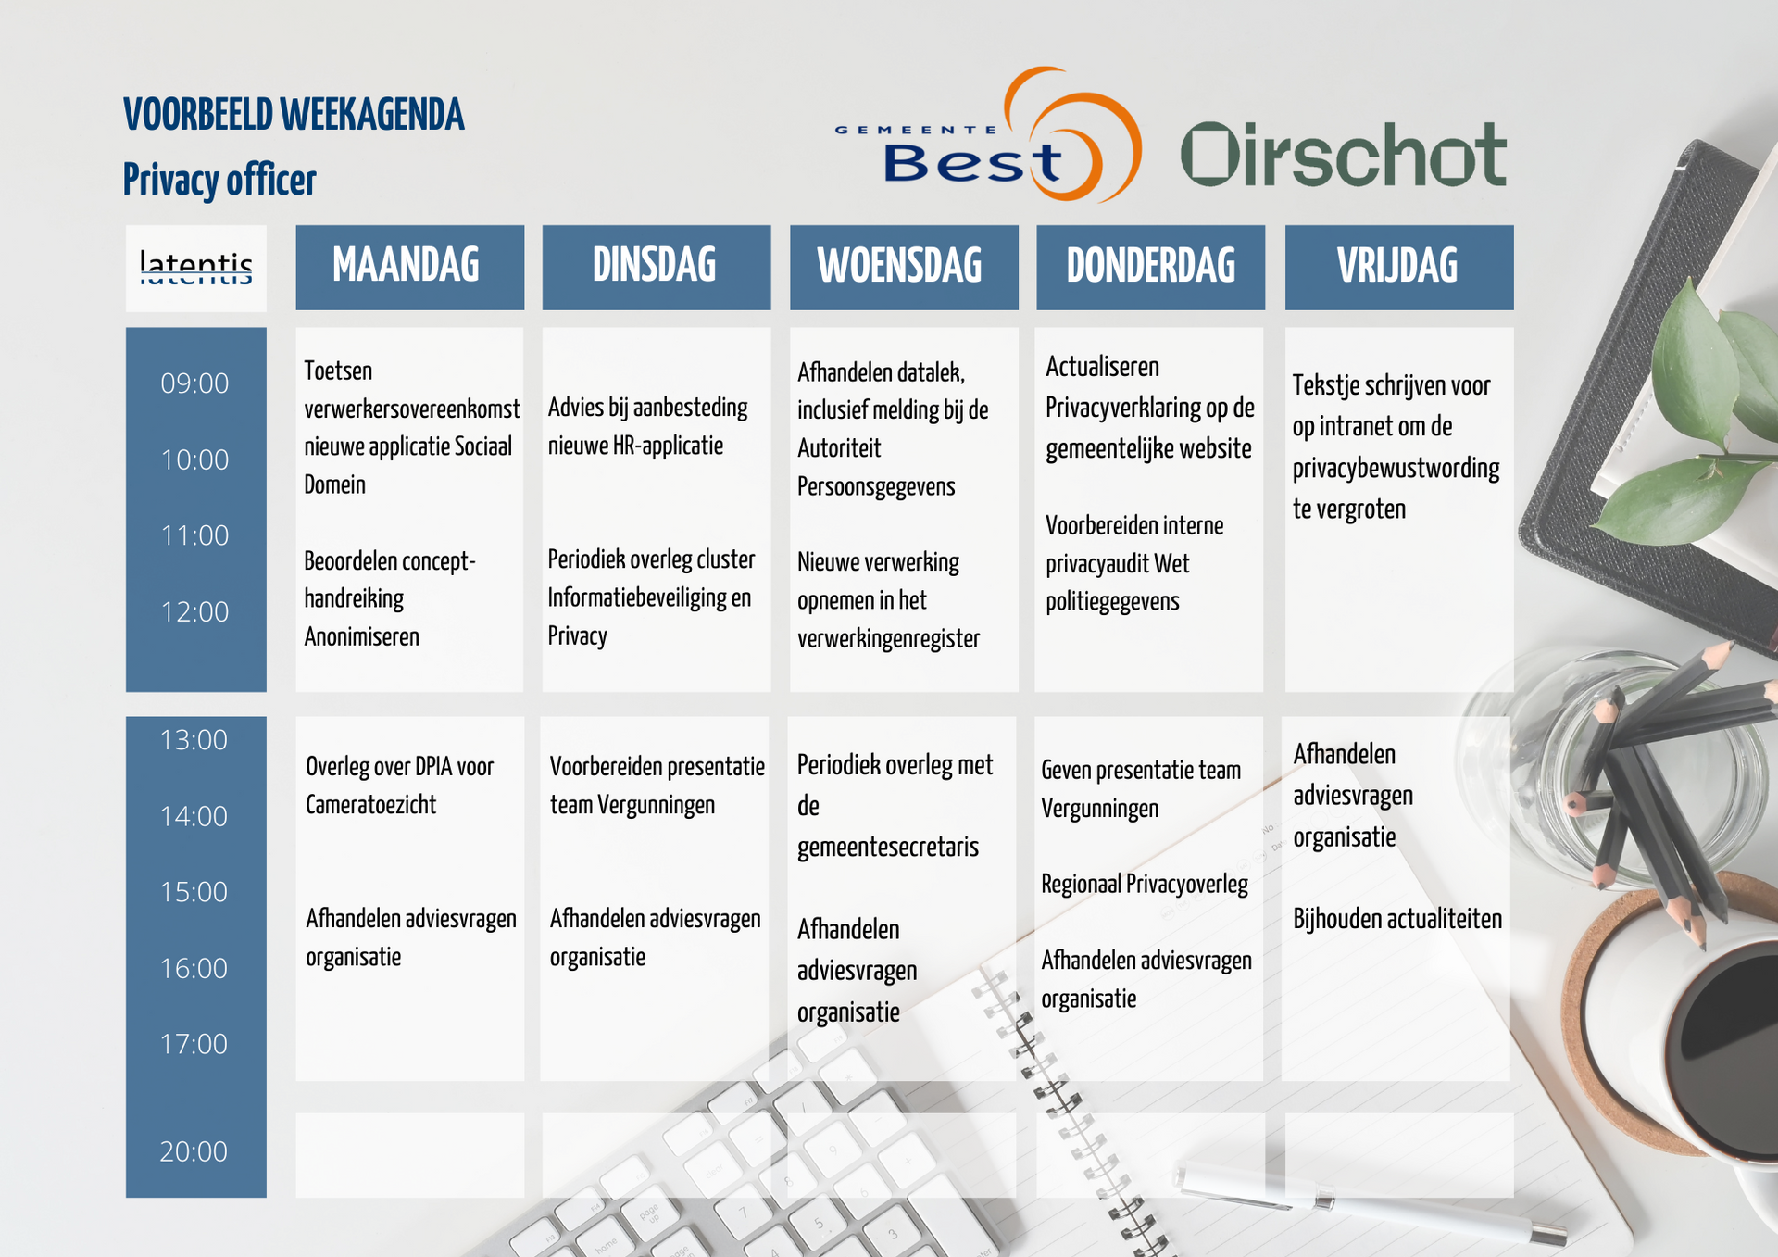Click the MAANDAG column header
pos(409,267)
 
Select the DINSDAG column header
pos(656,267)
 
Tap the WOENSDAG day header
pos(903,267)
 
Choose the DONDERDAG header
pos(1150,267)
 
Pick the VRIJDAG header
pos(1398,267)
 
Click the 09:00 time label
pos(194,383)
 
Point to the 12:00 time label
pos(194,612)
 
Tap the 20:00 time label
pos(194,1151)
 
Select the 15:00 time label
pos(194,892)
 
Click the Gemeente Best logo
pos(988,135)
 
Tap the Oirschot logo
pos(1344,155)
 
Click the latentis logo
pos(195,268)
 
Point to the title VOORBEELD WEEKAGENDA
pos(294,115)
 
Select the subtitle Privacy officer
pos(219,180)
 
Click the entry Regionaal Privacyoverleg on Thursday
pos(1145,885)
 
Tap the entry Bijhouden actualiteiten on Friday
pos(1397,919)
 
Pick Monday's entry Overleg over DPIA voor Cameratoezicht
pos(399,786)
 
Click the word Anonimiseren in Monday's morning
pos(361,637)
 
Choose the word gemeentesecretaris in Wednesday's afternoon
pos(888,848)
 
